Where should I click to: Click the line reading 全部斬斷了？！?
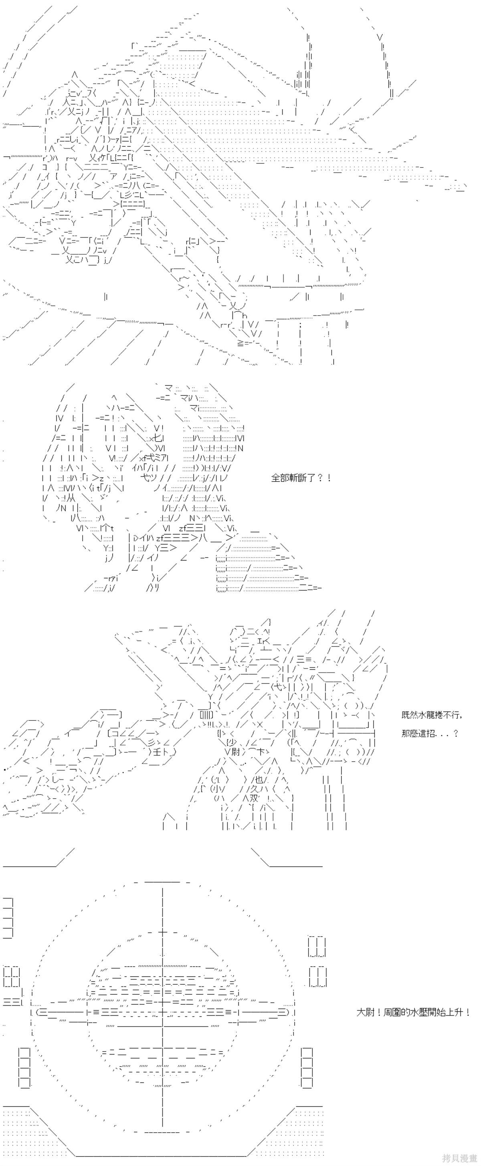click(x=301, y=478)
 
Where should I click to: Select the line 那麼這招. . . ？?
click(x=430, y=733)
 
